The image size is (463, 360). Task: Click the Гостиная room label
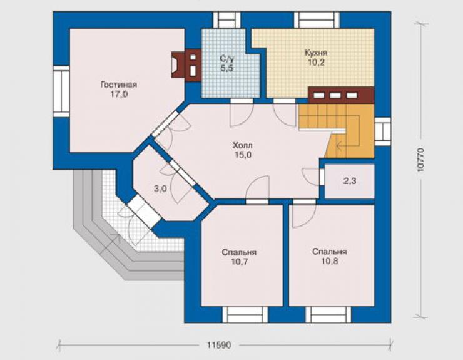(x=119, y=85)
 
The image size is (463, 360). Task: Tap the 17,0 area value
(x=119, y=95)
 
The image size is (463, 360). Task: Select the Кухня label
(x=316, y=53)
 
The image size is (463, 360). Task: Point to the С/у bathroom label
(x=226, y=58)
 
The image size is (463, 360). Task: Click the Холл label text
(x=243, y=145)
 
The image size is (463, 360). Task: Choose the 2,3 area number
(x=350, y=181)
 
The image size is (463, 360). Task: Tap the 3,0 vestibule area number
(x=160, y=189)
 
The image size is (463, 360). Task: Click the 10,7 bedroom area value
(x=239, y=262)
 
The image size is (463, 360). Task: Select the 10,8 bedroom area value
(x=330, y=261)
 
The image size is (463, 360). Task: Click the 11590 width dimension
(x=219, y=345)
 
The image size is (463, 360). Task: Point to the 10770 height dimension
(x=420, y=160)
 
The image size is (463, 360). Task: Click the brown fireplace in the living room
(x=186, y=65)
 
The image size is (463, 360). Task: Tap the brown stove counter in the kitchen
(x=341, y=95)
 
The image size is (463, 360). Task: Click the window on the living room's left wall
(x=61, y=91)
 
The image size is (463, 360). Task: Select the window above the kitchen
(x=317, y=20)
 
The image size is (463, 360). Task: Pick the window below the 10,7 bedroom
(x=245, y=314)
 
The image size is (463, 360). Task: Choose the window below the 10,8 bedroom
(x=328, y=314)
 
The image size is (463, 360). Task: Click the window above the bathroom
(x=226, y=20)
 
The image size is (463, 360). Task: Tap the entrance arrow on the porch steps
(x=110, y=244)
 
